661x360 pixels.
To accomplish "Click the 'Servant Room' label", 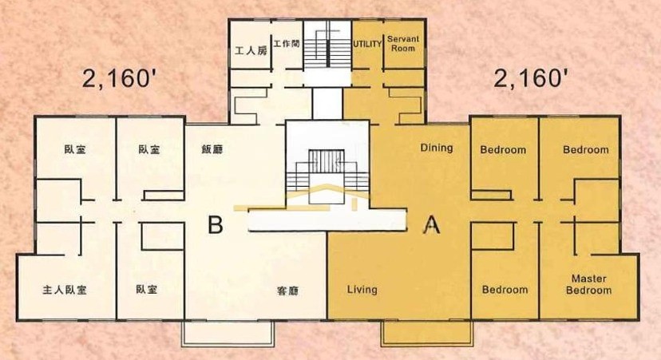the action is coord(403,43).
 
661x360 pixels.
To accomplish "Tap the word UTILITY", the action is coord(367,44).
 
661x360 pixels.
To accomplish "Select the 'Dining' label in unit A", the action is coord(437,148).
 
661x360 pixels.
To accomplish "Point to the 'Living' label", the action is coord(362,290).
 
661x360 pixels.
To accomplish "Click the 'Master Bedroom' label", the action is coord(589,284).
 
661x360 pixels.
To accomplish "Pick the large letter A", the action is coord(431,224).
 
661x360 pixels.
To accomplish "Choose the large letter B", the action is coord(216,224).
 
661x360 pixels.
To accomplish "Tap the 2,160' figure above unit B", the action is coord(117,78).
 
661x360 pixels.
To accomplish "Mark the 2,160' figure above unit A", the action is coord(528,78).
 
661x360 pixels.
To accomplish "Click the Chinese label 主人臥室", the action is coord(65,290).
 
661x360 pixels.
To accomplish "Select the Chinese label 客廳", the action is coord(288,291).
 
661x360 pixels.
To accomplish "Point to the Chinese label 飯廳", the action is coord(212,149).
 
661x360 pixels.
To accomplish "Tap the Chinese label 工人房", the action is coord(251,51).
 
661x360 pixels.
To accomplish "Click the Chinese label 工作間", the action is coord(287,43).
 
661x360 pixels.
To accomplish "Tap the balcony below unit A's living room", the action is coord(425,334).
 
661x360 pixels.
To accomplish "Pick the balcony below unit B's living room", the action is coord(228,334).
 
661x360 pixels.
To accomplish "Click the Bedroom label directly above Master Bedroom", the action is coord(586,149).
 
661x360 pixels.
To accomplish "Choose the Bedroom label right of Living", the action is coord(505,290).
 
